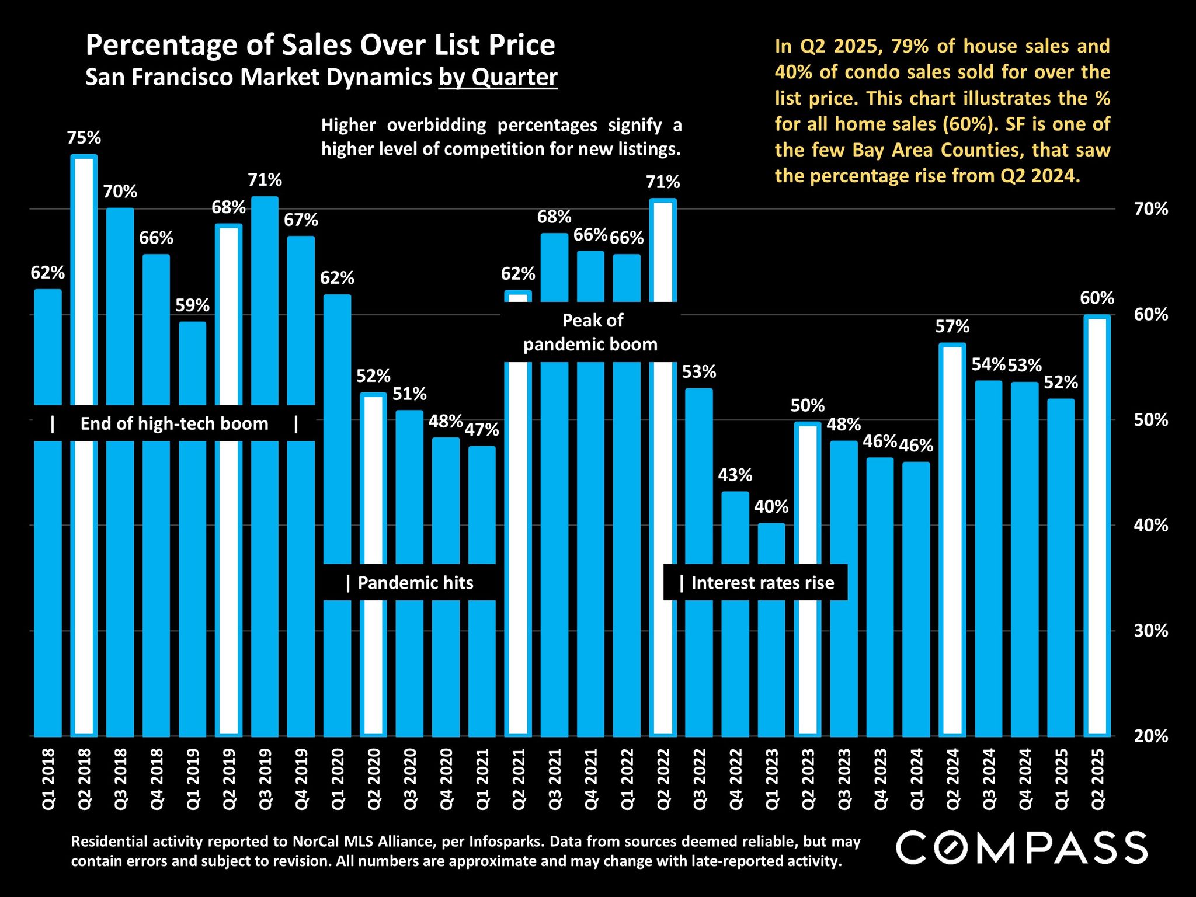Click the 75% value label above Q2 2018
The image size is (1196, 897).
coord(84,138)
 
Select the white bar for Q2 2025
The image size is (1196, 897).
coord(1097,526)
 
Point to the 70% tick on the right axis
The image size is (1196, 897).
coord(1151,209)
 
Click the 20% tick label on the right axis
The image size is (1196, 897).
coord(1151,736)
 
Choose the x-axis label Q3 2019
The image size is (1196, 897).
coord(265,779)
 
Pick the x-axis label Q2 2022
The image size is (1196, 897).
coord(663,779)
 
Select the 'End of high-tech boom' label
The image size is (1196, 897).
coord(174,423)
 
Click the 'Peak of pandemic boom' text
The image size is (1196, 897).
coord(591,332)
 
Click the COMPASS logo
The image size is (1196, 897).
coord(1021,847)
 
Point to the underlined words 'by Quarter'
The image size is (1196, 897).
coord(498,77)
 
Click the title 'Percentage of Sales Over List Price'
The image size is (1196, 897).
coord(320,45)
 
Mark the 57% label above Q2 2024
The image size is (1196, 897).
coord(952,326)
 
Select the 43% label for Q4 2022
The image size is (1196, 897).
coord(735,475)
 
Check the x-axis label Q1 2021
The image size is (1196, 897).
coord(482,779)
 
